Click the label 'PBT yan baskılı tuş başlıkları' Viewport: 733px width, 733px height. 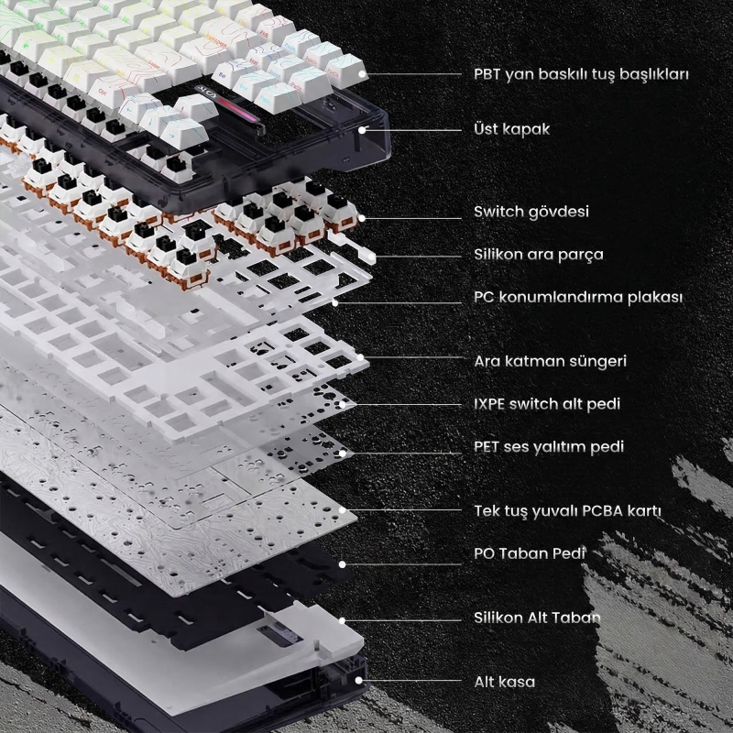coord(581,73)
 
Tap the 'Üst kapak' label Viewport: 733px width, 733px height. coord(512,129)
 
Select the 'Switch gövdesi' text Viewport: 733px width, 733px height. coord(531,213)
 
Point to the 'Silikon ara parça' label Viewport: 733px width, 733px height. coord(539,255)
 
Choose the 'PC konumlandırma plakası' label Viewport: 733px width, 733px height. coord(578,298)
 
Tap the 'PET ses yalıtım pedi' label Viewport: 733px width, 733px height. coord(549,447)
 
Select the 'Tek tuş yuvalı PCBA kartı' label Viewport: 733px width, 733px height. coord(568,510)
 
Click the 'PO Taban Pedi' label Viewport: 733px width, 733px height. coord(530,553)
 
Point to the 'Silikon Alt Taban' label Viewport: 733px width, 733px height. coord(537,618)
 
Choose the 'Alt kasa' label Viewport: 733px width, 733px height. coord(505,682)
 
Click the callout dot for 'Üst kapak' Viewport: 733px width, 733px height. coord(364,130)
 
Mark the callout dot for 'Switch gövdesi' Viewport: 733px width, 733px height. coord(364,217)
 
